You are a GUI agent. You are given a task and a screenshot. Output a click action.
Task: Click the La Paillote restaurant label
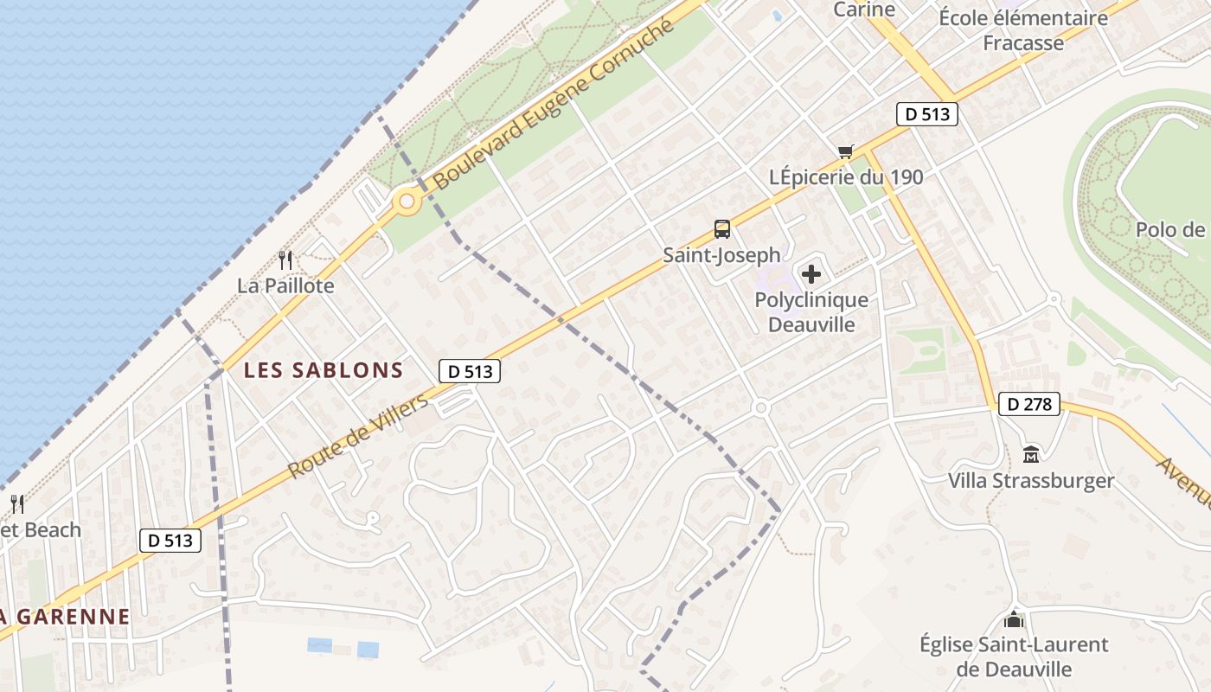pos(285,285)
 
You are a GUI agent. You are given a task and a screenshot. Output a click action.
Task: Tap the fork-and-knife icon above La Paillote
pos(285,259)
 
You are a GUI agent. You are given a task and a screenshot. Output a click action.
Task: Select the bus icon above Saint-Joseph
pos(722,229)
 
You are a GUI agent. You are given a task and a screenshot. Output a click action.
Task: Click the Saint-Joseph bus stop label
pos(721,255)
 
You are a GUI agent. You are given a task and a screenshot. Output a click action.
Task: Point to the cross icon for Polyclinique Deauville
pos(811,275)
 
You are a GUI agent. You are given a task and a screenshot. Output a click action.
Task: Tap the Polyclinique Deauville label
pos(811,312)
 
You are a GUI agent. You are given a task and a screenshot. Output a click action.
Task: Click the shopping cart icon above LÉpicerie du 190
pos(845,152)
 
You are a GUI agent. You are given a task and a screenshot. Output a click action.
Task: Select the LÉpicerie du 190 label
pos(846,177)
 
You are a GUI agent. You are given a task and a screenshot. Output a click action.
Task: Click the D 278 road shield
pos(1029,403)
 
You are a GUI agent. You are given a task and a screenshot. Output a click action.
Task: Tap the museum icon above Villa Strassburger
pos(1031,454)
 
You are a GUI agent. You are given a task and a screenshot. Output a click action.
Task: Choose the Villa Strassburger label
pos(1031,481)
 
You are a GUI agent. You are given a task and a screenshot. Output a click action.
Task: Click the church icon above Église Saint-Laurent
pos(1014,619)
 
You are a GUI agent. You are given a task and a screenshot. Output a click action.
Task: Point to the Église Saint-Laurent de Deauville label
pos(1014,657)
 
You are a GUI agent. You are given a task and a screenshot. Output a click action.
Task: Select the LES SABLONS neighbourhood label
pos(324,370)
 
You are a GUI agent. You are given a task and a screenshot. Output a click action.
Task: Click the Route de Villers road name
pos(357,438)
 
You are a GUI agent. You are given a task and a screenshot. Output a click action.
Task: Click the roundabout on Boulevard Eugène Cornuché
pos(406,203)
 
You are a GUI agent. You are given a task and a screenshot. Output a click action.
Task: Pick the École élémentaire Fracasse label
pos(1023,30)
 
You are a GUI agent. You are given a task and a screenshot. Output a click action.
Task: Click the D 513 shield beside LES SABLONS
pos(471,372)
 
